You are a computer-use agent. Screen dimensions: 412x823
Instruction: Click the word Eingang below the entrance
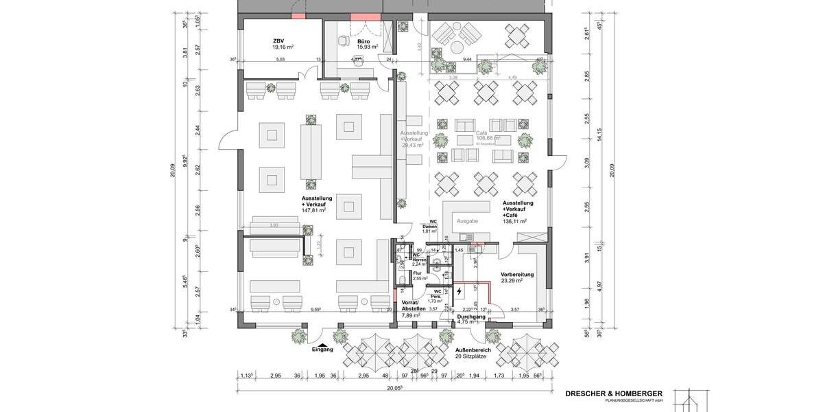coord(322,350)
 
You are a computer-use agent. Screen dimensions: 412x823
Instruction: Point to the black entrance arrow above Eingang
coord(322,343)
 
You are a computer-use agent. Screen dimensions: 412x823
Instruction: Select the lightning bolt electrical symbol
coord(460,291)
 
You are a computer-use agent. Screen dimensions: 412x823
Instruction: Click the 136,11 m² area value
coord(514,222)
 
